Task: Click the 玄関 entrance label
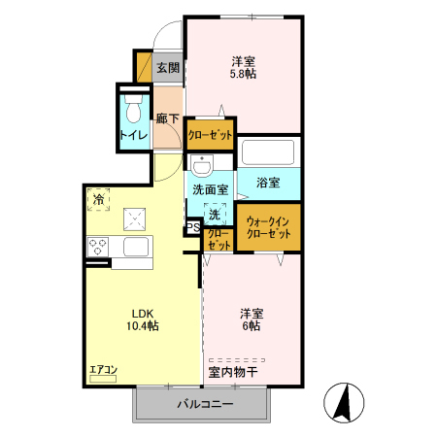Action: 168,68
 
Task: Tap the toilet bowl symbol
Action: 133,102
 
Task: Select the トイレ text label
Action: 133,135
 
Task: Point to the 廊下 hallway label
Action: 168,118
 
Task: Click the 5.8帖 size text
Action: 243,72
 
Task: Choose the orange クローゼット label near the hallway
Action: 211,135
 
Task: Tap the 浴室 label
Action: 269,183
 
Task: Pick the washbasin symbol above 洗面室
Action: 202,164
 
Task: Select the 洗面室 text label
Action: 210,190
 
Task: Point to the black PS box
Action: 192,228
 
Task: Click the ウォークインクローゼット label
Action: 267,228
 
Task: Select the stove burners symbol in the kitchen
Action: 98,248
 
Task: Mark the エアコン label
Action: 103,369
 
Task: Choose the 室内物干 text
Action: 232,372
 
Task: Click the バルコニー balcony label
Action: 204,403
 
